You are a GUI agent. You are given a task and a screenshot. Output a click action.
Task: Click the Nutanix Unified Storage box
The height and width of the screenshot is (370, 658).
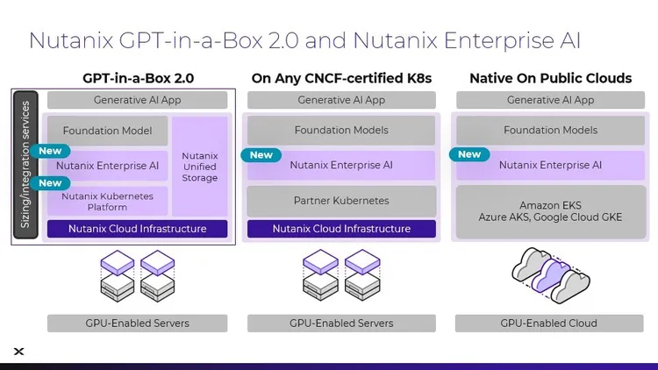[199, 167]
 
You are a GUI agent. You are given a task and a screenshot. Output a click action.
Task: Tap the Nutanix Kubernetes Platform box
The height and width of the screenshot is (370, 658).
[107, 201]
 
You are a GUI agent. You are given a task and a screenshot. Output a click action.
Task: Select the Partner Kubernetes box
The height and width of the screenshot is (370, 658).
[341, 201]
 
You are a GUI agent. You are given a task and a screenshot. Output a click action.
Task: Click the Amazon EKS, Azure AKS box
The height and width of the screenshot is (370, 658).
[550, 210]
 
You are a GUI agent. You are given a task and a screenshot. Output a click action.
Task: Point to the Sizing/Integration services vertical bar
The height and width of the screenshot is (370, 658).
[25, 165]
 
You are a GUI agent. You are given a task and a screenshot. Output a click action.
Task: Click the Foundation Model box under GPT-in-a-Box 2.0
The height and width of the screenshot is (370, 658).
[107, 131]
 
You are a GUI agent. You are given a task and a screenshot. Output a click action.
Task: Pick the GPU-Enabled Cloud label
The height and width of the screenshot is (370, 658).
[550, 323]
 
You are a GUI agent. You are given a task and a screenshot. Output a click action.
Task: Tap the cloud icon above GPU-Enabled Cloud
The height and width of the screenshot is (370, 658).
[550, 273]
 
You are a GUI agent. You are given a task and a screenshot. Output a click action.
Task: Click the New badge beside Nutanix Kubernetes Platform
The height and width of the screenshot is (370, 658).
[51, 183]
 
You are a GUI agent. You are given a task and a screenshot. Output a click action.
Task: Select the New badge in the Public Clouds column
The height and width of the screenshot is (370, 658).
[469, 154]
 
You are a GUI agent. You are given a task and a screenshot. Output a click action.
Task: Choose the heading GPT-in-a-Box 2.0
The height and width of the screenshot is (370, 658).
[138, 78]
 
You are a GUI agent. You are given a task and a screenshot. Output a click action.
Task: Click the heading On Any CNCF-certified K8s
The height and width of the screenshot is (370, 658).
[341, 78]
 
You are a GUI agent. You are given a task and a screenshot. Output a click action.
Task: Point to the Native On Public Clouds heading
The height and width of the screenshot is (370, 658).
[550, 78]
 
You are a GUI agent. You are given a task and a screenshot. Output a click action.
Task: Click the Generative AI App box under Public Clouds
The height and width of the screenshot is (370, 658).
[550, 100]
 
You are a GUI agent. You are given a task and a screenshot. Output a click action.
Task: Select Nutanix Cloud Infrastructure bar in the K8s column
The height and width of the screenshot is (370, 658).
[341, 229]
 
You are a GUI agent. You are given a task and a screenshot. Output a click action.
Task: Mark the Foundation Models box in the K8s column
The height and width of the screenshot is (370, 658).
[341, 131]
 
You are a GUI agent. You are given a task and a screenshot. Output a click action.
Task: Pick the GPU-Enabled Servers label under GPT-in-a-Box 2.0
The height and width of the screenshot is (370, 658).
[138, 323]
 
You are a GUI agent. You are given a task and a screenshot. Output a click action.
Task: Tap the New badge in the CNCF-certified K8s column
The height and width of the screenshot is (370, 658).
[261, 155]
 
